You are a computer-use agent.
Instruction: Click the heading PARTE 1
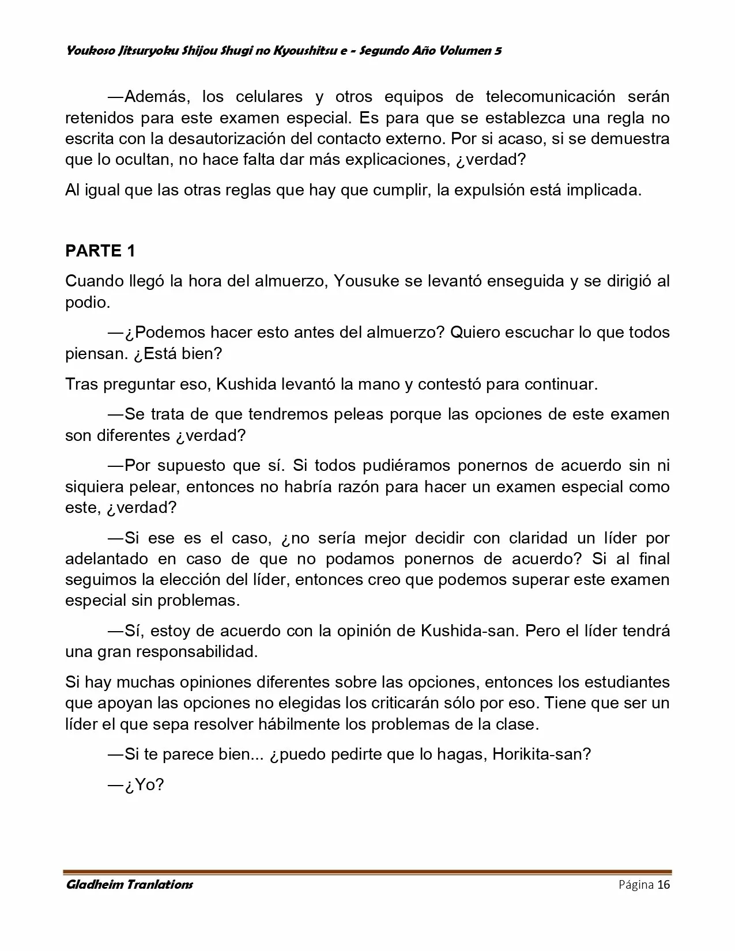click(x=100, y=251)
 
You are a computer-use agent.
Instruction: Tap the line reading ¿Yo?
click(x=144, y=784)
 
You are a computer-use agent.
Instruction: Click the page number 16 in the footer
click(x=664, y=885)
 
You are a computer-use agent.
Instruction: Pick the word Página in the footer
click(x=636, y=885)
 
